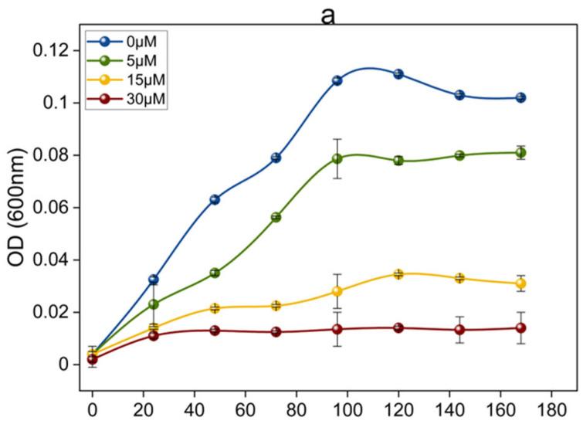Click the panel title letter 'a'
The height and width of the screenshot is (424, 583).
327,13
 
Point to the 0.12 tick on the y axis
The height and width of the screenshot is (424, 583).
52,50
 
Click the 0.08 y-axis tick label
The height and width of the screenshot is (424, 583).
52,155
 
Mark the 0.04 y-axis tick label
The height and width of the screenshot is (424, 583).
52,260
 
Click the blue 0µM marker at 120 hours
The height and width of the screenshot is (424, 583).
398,74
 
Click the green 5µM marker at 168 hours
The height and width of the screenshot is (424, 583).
521,152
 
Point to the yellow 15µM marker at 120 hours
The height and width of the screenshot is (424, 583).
398,274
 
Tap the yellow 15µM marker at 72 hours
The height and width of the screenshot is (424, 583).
276,306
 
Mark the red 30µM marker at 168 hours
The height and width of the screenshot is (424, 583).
521,328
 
